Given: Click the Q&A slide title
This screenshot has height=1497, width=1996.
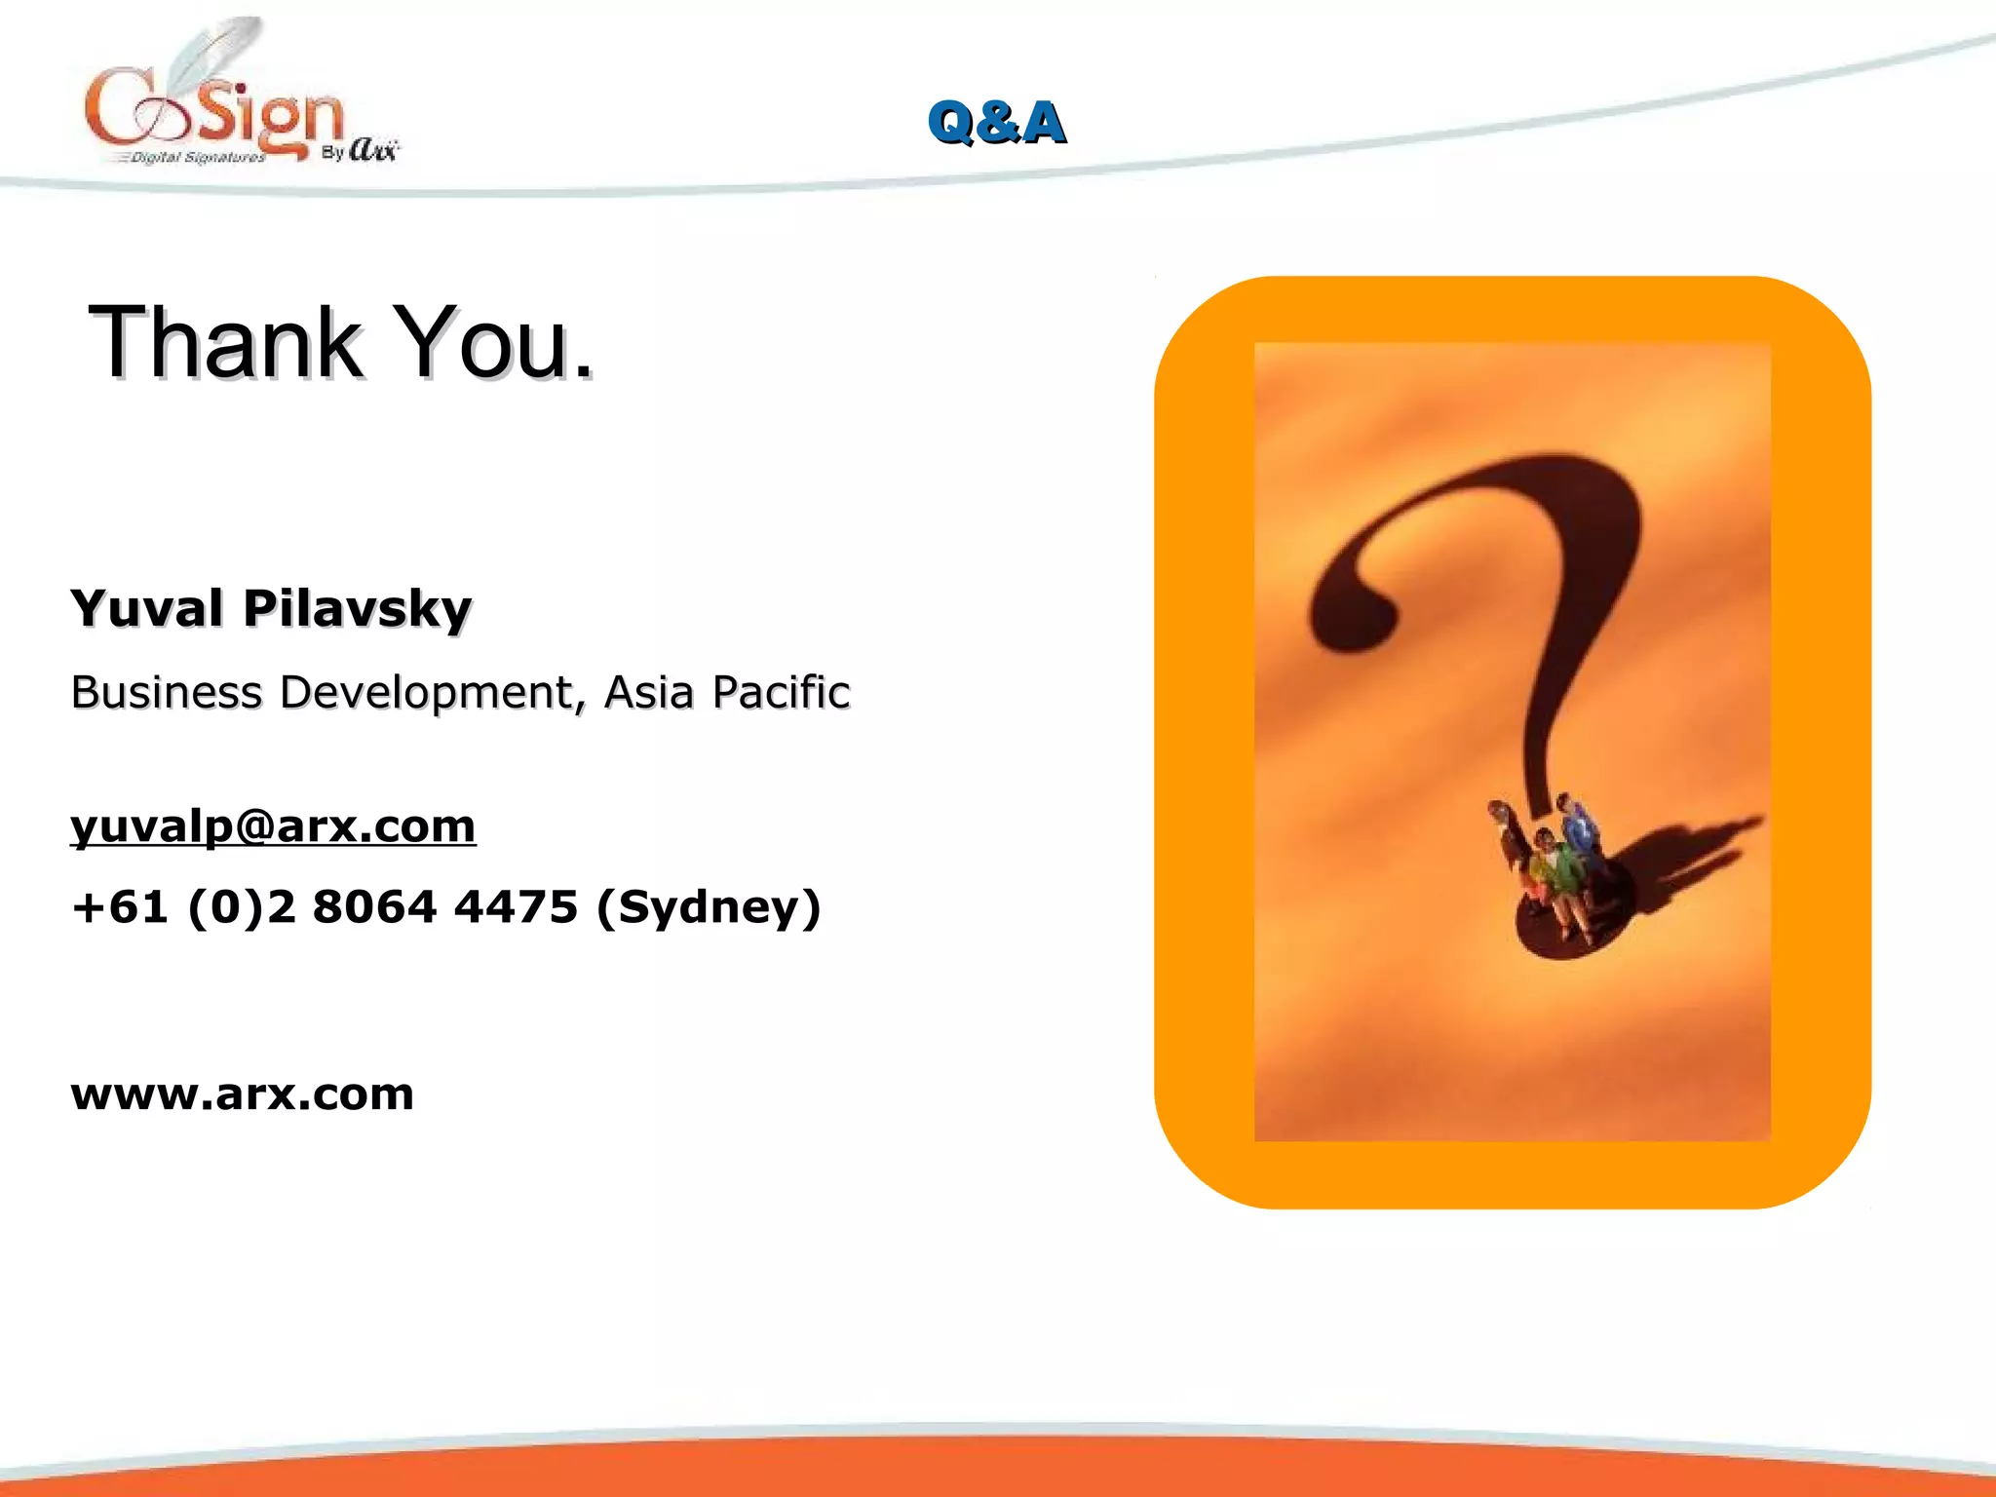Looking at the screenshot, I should point(996,123).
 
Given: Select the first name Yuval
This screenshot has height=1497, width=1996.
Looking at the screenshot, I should point(147,608).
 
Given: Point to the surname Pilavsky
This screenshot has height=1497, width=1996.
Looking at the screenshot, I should point(357,610).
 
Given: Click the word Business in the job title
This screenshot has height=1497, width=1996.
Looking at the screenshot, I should point(167,692).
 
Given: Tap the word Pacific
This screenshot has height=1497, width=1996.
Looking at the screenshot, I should point(781,692).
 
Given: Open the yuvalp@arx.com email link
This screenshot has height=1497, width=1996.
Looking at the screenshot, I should point(273,826).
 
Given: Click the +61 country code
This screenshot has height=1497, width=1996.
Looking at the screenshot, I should point(119,906).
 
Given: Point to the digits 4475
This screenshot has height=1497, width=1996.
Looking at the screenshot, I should point(517,906).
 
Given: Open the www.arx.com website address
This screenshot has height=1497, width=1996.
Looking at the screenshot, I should point(243,1094).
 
